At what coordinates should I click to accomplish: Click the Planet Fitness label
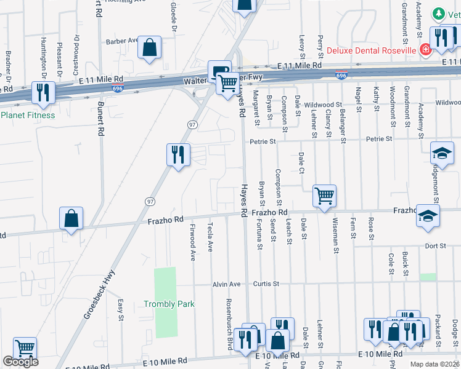click(28, 115)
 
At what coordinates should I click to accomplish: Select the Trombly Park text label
click(169, 304)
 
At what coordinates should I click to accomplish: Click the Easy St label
click(121, 311)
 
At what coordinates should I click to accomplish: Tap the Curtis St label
click(266, 284)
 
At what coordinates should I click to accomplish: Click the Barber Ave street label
click(121, 41)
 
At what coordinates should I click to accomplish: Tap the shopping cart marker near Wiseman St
click(324, 197)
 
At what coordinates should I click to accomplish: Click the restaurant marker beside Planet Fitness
click(43, 92)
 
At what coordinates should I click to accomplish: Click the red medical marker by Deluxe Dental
click(425, 49)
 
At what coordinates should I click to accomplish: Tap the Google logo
click(20, 362)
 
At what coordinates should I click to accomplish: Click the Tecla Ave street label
click(211, 237)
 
